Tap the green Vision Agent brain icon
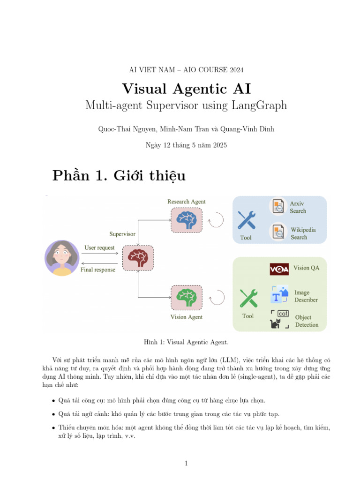pyautogui.click(x=187, y=297)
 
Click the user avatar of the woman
pyautogui.click(x=62, y=258)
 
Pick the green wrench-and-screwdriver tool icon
pyautogui.click(x=248, y=298)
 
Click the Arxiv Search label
pyautogui.click(x=298, y=207)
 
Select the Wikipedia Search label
pyautogui.click(x=303, y=233)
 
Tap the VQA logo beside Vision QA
pyautogui.click(x=279, y=269)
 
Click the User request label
pyautogui.click(x=99, y=247)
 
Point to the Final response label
pyautogui.click(x=98, y=270)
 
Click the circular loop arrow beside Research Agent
pyautogui.click(x=216, y=220)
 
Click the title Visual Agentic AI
pyautogui.click(x=186, y=89)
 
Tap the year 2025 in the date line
pyautogui.click(x=219, y=145)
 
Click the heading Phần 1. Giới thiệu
pyautogui.click(x=119, y=176)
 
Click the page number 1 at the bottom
pyautogui.click(x=186, y=464)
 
